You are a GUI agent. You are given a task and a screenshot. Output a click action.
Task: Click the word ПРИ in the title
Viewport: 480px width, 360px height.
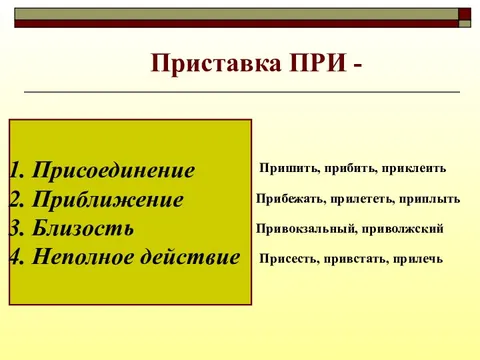pyautogui.click(x=315, y=64)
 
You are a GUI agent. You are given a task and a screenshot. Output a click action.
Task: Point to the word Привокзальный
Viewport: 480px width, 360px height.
pyautogui.click(x=306, y=229)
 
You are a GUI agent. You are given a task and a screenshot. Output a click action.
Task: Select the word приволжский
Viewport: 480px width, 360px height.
pyautogui.click(x=402, y=229)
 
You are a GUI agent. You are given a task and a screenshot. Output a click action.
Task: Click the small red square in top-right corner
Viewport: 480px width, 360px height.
pyautogui.click(x=465, y=14)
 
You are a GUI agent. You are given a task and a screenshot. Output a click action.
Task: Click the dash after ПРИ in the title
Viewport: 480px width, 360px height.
pyautogui.click(x=357, y=66)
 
